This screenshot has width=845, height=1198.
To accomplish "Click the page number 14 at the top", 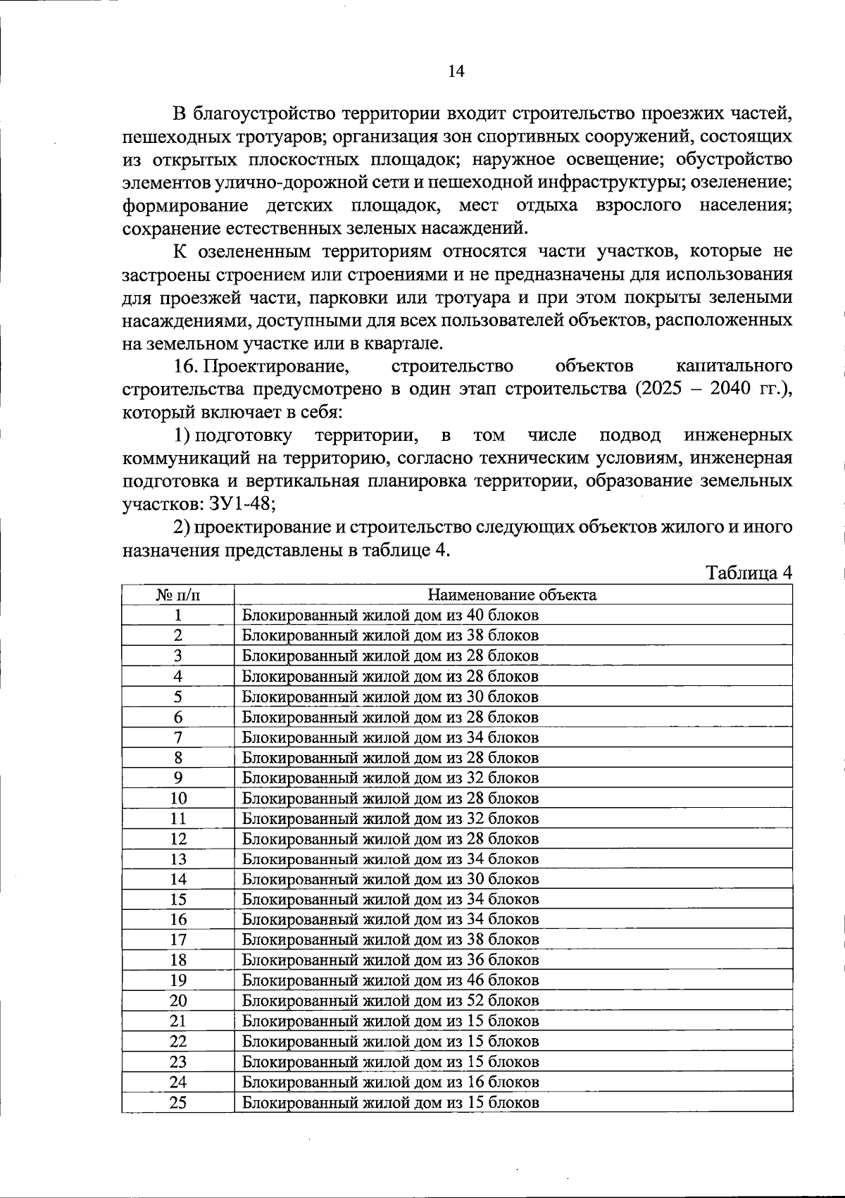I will (x=456, y=71).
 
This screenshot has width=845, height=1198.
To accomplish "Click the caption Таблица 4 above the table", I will (x=749, y=573).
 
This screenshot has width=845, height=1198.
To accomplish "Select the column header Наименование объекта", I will (x=513, y=594).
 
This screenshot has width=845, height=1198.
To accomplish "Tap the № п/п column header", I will (x=177, y=594).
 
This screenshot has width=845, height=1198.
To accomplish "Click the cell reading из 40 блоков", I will (x=390, y=615).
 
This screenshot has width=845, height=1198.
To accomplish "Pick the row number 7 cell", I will (x=178, y=737).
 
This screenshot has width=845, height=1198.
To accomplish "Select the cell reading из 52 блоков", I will (x=390, y=1001).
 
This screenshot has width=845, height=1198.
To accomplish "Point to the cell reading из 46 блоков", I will (x=390, y=980).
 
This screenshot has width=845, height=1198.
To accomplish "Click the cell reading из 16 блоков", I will (x=390, y=1082).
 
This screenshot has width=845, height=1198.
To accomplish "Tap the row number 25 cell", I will (x=178, y=1102).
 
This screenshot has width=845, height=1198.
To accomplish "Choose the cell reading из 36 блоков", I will (x=390, y=960).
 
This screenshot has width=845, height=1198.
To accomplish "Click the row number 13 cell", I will (x=178, y=859).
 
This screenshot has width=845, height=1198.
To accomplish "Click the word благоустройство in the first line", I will (x=265, y=113).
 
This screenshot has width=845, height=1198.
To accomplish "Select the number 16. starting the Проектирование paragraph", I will (x=187, y=366).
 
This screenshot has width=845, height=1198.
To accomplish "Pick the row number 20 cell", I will (x=178, y=1001).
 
